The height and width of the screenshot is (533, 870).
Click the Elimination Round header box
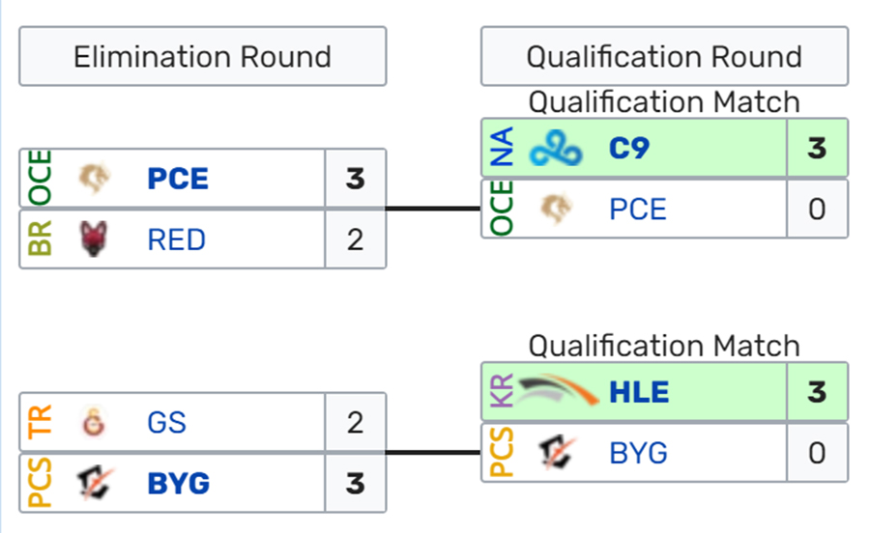(x=203, y=57)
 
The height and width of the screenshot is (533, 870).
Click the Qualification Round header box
(x=664, y=57)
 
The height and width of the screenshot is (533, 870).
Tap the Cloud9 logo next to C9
(x=556, y=149)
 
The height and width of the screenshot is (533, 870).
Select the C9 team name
(x=628, y=149)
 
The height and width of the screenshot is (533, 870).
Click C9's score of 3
(x=817, y=149)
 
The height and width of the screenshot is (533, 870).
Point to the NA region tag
(x=502, y=148)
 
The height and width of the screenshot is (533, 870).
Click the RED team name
(x=177, y=239)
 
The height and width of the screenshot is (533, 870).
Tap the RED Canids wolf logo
(x=93, y=238)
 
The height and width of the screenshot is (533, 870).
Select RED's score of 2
(x=355, y=239)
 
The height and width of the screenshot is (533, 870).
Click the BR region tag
(x=40, y=238)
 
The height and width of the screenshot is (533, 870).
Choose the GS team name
(x=166, y=423)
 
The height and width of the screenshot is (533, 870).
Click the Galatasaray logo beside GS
(x=93, y=422)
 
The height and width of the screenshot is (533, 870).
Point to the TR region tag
(x=40, y=422)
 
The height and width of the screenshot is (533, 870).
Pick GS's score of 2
(x=355, y=423)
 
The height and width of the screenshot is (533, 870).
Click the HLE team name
(x=639, y=392)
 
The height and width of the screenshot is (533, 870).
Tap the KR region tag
(x=502, y=391)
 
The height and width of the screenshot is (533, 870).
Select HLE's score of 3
(x=817, y=392)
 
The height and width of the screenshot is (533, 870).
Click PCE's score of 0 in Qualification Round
(x=817, y=210)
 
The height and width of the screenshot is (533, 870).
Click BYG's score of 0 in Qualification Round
(x=817, y=453)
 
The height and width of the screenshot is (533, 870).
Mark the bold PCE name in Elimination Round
(x=178, y=179)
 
